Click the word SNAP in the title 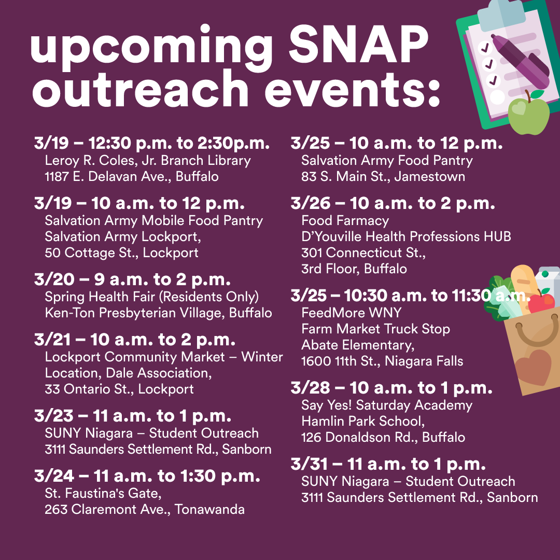coord(359,45)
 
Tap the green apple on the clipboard coord(528,114)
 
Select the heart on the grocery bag coord(534,367)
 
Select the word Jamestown coord(430,176)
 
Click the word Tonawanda coord(209,509)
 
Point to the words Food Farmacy coord(345,221)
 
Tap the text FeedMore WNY coord(352,313)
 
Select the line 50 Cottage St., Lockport coord(121,253)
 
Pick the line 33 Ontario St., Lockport coord(119,389)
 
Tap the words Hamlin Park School coord(363,422)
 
